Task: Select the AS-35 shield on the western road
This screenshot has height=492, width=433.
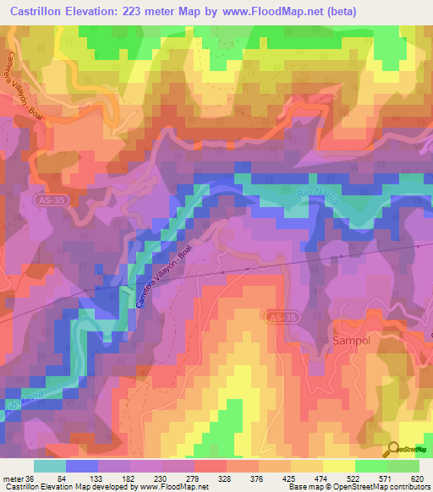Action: (x=49, y=197)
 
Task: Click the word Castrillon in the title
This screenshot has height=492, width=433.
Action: (x=38, y=11)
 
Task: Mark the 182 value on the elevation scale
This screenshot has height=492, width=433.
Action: (x=120, y=478)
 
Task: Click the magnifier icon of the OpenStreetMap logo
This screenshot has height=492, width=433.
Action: (x=393, y=448)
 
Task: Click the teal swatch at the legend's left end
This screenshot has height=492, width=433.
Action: (x=49, y=466)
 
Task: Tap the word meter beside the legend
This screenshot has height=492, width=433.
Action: (x=11, y=478)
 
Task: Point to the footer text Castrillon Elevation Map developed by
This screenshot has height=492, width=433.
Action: (x=68, y=487)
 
